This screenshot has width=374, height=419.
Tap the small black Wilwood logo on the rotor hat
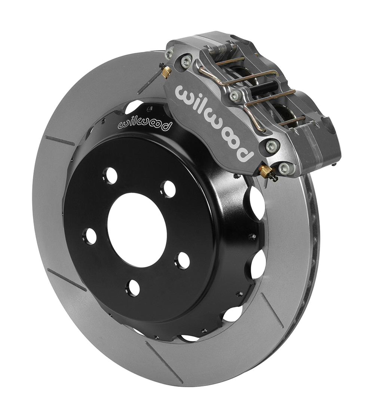(145, 125)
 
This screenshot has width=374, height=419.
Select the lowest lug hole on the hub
(133, 287)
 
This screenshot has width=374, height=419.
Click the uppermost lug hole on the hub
(111, 175)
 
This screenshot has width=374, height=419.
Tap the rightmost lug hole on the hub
(184, 260)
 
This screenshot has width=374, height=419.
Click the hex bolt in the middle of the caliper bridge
(235, 96)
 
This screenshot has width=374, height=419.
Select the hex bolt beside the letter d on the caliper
(272, 146)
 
